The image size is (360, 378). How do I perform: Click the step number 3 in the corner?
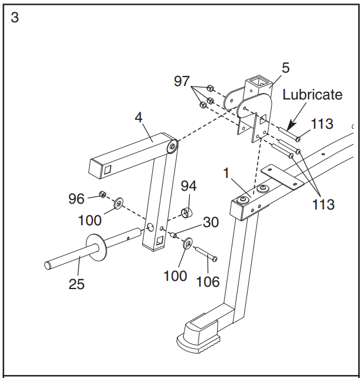[15, 18]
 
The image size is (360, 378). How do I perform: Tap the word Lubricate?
[312, 95]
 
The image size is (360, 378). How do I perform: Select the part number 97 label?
[183, 81]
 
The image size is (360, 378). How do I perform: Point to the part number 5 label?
[285, 68]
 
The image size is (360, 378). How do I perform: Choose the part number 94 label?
[188, 186]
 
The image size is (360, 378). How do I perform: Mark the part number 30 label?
[211, 222]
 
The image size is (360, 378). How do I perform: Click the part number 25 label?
[76, 284]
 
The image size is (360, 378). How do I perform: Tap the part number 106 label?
[208, 281]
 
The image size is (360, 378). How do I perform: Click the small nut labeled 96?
[102, 195]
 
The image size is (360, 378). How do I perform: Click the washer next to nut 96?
[118, 203]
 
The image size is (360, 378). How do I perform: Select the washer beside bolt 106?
[188, 243]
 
